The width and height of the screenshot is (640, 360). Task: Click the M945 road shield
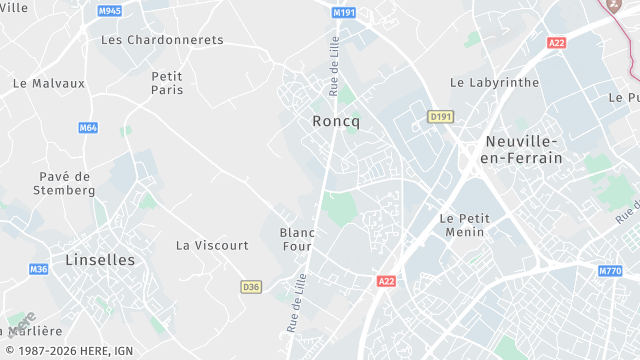click(110, 11)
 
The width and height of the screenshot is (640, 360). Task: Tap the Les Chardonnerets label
click(162, 40)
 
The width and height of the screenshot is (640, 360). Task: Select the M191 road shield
click(344, 12)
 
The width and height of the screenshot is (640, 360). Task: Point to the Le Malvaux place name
click(49, 84)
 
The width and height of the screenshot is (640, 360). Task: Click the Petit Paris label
click(167, 83)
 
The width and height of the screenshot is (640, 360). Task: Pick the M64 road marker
click(88, 128)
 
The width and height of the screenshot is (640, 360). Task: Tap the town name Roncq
click(335, 120)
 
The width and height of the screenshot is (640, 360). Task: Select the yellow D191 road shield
click(440, 117)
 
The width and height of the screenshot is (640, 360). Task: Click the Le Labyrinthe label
click(494, 83)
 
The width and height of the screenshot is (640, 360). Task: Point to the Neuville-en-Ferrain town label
click(522, 149)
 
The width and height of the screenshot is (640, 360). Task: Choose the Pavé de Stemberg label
click(63, 183)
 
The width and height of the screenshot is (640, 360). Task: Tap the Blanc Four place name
click(297, 239)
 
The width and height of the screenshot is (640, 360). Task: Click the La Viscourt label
click(212, 245)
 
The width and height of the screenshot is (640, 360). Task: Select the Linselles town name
click(99, 259)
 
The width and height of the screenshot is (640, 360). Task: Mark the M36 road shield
click(38, 269)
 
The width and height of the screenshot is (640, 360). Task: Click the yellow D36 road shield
click(251, 287)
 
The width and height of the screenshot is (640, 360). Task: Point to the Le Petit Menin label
click(462, 225)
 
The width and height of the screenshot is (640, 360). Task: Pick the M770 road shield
click(610, 271)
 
